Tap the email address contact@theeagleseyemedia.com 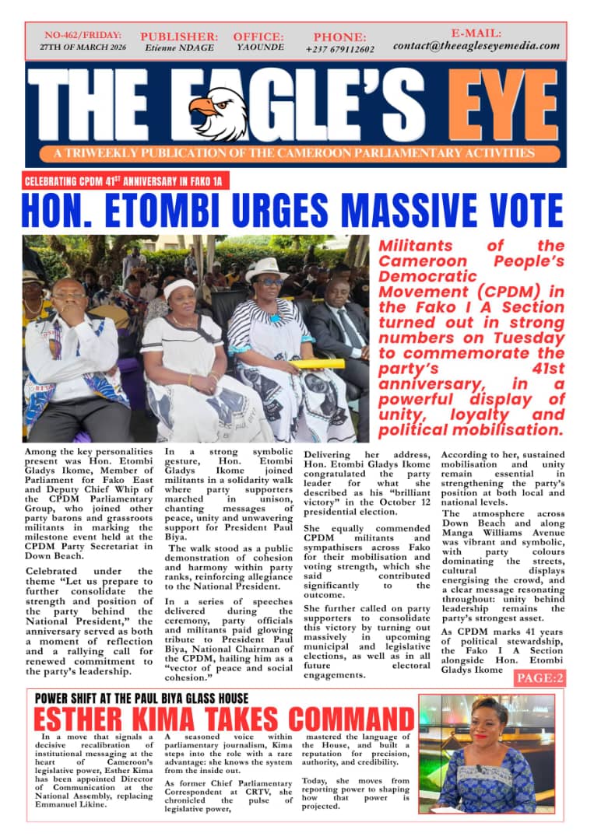[x=476, y=46]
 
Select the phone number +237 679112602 [x=339, y=50]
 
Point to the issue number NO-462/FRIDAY [x=82, y=35]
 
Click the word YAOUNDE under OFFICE [x=258, y=47]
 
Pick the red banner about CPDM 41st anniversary [x=125, y=181]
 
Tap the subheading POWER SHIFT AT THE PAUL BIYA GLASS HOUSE [x=142, y=698]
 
